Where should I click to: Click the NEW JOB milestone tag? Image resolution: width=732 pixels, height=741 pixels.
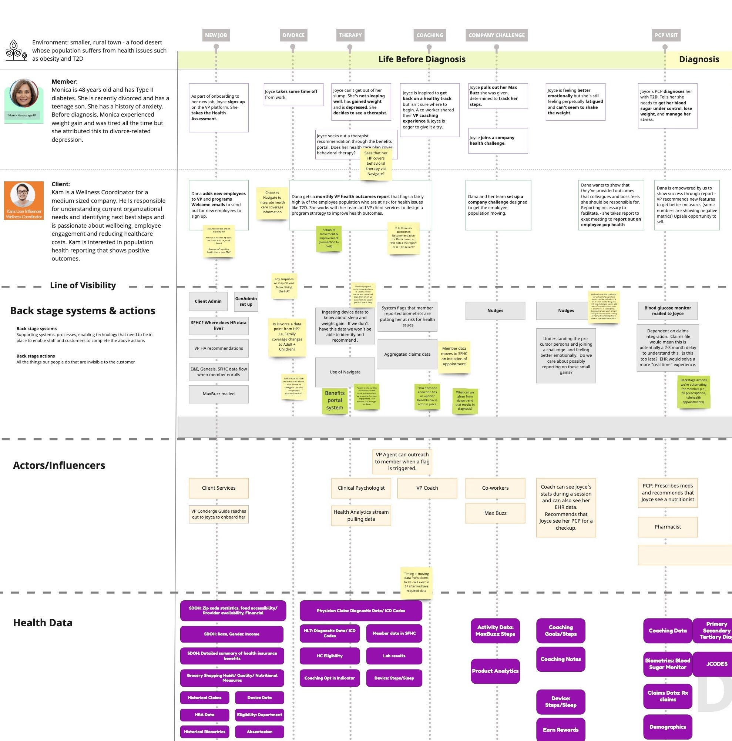pyautogui.click(x=216, y=35)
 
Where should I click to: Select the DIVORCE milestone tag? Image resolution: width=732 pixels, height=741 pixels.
pyautogui.click(x=293, y=35)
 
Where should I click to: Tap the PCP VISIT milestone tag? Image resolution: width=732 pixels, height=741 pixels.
pyautogui.click(x=666, y=35)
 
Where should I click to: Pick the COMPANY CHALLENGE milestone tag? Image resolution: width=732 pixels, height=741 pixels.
pyautogui.click(x=496, y=35)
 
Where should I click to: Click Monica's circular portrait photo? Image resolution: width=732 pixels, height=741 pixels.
pyautogui.click(x=24, y=93)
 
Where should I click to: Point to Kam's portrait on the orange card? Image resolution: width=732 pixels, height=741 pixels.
pyautogui.click(x=23, y=195)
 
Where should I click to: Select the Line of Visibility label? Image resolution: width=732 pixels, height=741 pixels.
pyautogui.click(x=83, y=285)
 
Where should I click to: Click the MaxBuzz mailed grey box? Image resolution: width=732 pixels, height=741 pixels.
pyautogui.click(x=219, y=394)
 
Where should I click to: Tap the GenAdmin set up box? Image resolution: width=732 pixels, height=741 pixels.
pyautogui.click(x=246, y=301)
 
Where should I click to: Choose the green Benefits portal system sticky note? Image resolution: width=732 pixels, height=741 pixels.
pyautogui.click(x=335, y=400)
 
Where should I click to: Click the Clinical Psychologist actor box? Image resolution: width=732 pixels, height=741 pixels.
pyautogui.click(x=361, y=488)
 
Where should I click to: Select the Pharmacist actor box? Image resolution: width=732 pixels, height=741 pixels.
pyautogui.click(x=668, y=527)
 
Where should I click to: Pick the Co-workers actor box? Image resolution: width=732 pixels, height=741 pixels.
pyautogui.click(x=495, y=488)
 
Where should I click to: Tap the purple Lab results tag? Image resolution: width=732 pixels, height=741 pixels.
pyautogui.click(x=394, y=656)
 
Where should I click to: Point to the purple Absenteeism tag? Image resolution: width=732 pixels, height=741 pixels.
pyautogui.click(x=259, y=731)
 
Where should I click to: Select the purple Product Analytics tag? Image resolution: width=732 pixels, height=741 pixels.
pyautogui.click(x=495, y=671)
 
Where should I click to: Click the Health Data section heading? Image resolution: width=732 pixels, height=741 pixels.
pyautogui.click(x=43, y=623)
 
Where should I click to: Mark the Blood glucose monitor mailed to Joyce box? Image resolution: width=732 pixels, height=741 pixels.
pyautogui.click(x=668, y=311)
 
